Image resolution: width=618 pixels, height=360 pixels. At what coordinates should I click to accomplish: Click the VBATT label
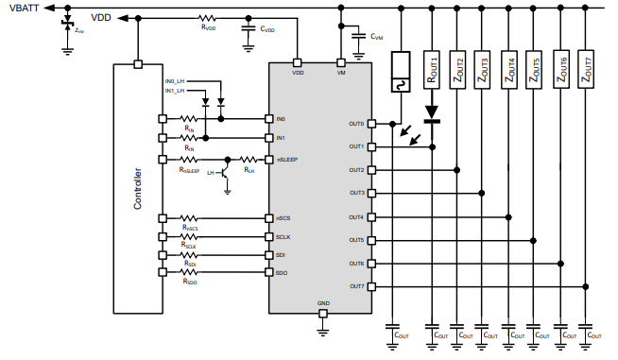point(22,8)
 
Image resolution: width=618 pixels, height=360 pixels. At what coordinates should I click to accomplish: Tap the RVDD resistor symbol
point(207,18)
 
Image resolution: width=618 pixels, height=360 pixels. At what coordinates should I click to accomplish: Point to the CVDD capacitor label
point(267,29)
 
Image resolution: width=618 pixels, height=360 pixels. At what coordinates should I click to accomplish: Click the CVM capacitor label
point(377,38)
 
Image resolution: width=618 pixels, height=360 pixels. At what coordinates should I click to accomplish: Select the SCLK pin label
point(283,236)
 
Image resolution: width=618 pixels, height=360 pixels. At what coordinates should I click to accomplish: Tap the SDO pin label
point(281,273)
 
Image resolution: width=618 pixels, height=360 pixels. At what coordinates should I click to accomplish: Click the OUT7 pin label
point(356,285)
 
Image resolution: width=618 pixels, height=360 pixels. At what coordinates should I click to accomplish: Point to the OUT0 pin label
point(356,124)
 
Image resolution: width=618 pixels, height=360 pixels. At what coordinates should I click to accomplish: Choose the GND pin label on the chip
point(323,304)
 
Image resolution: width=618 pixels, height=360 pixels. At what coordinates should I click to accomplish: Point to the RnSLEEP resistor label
point(189,171)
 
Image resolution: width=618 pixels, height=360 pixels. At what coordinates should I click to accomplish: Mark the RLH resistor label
point(249,171)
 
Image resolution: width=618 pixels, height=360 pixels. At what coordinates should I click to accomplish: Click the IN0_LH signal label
point(176,81)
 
